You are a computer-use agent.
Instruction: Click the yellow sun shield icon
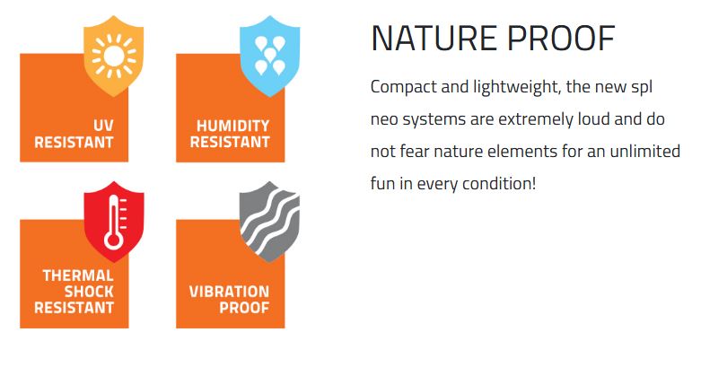(114, 56)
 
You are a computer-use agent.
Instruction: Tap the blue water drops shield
(269, 56)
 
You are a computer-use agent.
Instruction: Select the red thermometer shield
(114, 222)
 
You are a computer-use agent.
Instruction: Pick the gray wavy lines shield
(269, 222)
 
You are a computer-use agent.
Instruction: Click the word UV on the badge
(103, 126)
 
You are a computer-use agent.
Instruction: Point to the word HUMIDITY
(233, 126)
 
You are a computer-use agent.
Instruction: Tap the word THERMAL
(78, 275)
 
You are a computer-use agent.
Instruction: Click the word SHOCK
(89, 292)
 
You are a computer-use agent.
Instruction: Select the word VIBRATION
(230, 292)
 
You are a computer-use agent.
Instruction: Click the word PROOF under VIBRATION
(244, 308)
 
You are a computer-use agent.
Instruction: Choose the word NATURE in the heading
(434, 39)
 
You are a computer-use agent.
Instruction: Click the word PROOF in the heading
(562, 39)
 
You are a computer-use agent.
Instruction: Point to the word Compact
(404, 87)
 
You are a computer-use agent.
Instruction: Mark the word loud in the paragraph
(593, 119)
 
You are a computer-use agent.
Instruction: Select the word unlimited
(644, 151)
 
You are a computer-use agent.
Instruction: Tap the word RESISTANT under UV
(74, 142)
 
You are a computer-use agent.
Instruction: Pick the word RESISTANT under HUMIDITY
(230, 142)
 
